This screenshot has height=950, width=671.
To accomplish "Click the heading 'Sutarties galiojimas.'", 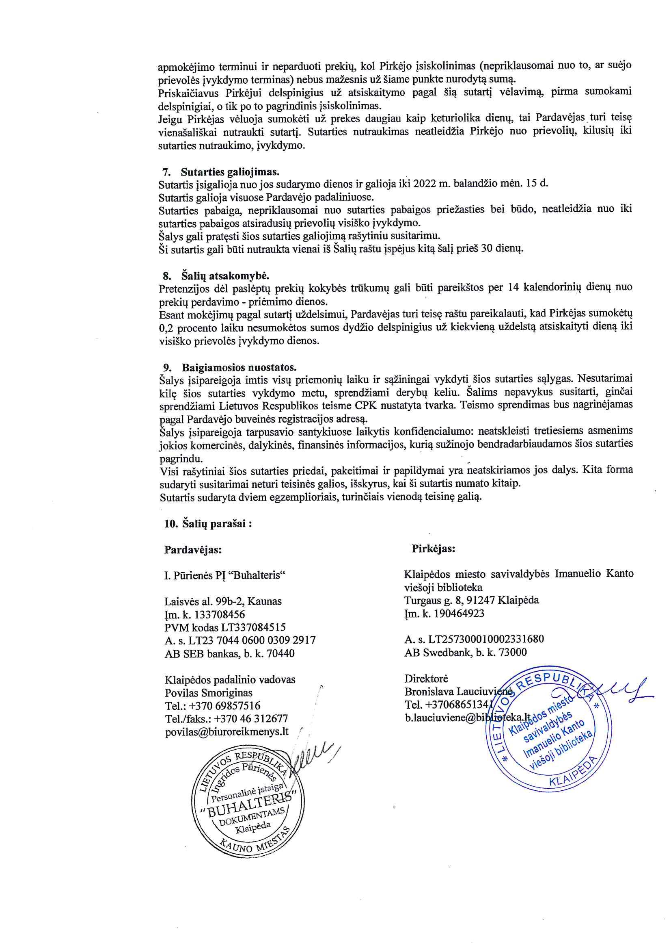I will point(229,172).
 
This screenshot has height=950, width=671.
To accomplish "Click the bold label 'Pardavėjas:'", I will point(193,550).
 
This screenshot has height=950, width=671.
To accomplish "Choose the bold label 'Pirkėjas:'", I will point(433,549).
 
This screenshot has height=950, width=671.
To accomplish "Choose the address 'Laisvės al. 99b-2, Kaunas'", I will point(223,601).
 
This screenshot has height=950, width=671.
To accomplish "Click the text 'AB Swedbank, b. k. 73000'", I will point(466,653).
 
